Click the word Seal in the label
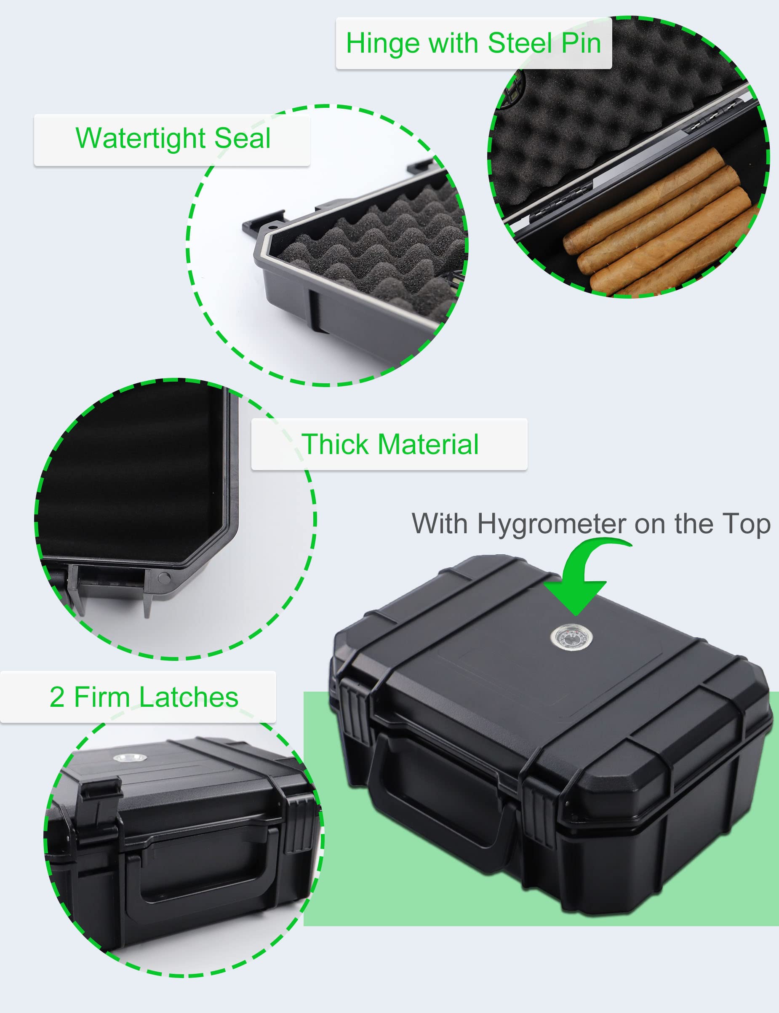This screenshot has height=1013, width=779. click(243, 138)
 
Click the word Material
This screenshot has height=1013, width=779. click(428, 444)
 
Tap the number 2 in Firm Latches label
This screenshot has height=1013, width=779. click(57, 697)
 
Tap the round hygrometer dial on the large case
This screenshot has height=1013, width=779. click(572, 638)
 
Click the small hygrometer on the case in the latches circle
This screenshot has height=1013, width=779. click(130, 758)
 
